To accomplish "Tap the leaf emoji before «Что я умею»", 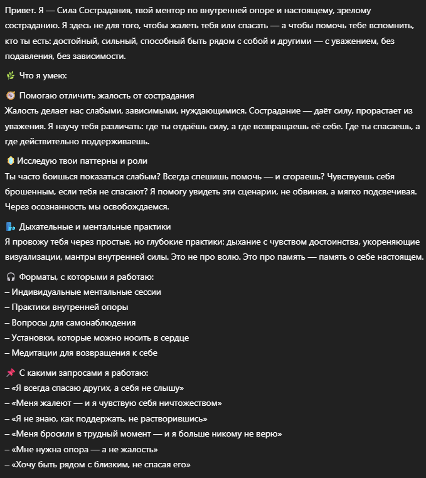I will point(10,75).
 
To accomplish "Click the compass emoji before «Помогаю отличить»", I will point(10,95).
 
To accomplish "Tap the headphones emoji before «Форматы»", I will point(10,277).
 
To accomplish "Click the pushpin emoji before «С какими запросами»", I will point(10,373).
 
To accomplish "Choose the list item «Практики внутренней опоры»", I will point(70,307).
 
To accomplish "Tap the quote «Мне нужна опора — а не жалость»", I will point(81,450).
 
